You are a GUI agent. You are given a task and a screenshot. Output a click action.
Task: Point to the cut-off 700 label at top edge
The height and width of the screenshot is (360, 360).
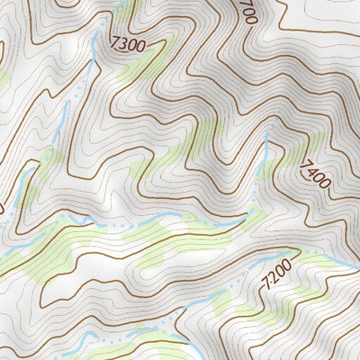248,11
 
